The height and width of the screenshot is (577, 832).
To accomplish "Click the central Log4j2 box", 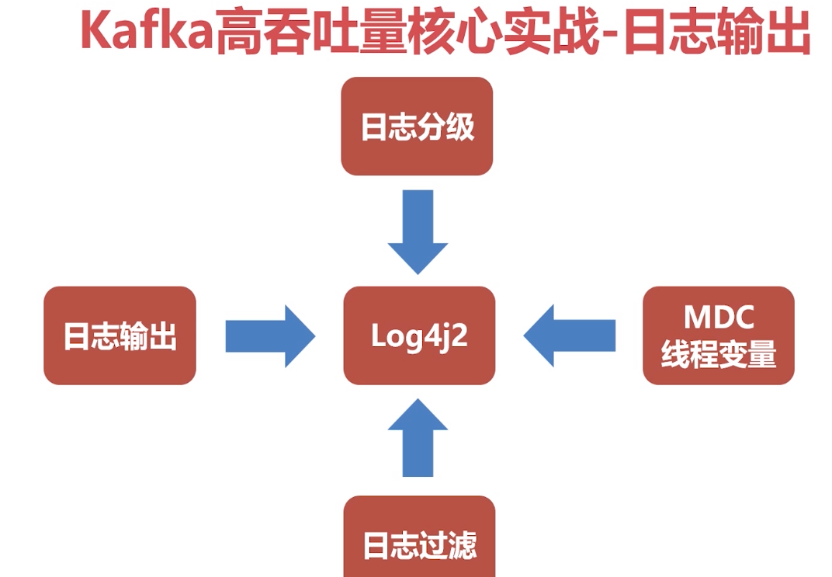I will [419, 335].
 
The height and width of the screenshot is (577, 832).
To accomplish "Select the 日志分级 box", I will [417, 126].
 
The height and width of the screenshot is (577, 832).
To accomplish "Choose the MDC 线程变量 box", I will [718, 335].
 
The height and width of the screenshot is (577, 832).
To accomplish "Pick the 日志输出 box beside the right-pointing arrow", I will [120, 335].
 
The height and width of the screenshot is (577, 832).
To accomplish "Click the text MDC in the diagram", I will [718, 318].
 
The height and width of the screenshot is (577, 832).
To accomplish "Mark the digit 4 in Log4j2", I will [433, 335].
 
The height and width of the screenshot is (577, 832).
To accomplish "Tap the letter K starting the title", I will [94, 33].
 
